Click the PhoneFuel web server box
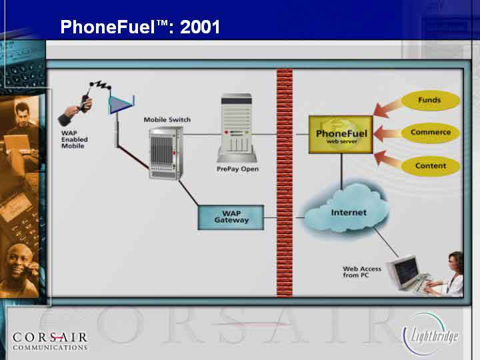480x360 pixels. coord(341,135)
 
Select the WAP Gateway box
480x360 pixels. coord(231,217)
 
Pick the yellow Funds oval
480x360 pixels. coord(430,100)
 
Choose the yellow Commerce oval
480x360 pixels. coord(431,133)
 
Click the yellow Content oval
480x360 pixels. coord(431,166)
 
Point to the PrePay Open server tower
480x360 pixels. coord(237,128)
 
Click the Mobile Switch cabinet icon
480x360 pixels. coord(166,153)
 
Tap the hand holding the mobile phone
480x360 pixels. coord(75,109)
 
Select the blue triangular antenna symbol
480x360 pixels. coord(121,105)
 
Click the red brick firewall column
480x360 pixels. coord(285,183)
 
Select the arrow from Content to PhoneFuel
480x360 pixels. coord(389,159)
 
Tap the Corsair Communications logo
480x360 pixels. coord(50,341)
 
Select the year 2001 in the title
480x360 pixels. coord(200,27)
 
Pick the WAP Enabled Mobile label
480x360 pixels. coord(75,139)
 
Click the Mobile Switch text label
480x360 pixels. coord(167,120)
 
